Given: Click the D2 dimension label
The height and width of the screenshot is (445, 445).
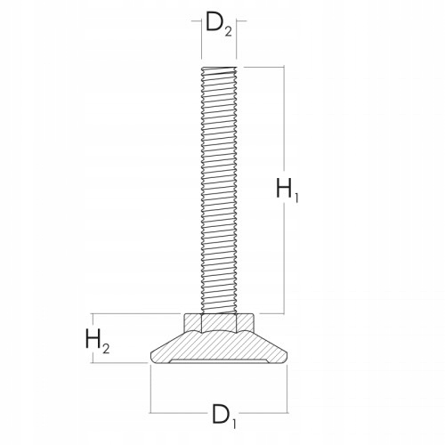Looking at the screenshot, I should pyautogui.click(x=219, y=25).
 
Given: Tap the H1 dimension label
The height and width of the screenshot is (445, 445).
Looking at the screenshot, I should pyautogui.click(x=286, y=190).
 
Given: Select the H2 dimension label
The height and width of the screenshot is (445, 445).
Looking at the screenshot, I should pyautogui.click(x=97, y=340).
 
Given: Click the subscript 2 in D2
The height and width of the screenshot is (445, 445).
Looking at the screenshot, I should pyautogui.click(x=228, y=31).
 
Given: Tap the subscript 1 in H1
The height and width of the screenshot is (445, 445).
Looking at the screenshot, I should pyautogui.click(x=296, y=197).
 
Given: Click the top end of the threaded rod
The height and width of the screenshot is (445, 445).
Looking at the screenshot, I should pyautogui.click(x=220, y=69).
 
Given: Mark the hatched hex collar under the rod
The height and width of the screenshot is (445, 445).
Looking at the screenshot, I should pyautogui.click(x=219, y=322).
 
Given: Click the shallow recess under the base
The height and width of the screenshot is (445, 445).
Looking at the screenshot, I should pyautogui.click(x=219, y=361).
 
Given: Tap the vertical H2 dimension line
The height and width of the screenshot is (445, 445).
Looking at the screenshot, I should pyautogui.click(x=118, y=339).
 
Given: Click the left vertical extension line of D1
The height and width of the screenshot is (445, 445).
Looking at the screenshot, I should pyautogui.click(x=150, y=388).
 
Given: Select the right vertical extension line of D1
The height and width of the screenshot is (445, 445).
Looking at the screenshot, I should pyautogui.click(x=289, y=388).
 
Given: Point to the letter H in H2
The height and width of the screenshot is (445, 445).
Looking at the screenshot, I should pyautogui.click(x=93, y=338).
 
